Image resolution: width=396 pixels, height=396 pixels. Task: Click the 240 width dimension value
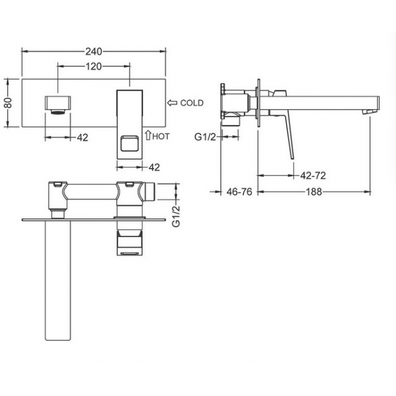pyautogui.click(x=94, y=51)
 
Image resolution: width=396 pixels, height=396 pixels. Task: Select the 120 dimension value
pyautogui.click(x=94, y=66)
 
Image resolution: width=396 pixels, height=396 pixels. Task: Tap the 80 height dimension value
pyautogui.click(x=8, y=103)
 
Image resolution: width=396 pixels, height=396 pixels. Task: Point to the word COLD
pyautogui.click(x=192, y=103)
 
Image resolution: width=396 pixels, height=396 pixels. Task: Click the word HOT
pyautogui.click(x=161, y=136)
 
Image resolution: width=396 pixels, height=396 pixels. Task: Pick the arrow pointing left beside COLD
pyautogui.click(x=173, y=103)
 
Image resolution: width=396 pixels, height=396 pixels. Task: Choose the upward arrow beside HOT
pyautogui.click(x=148, y=135)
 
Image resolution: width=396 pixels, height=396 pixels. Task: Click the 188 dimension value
pyautogui.click(x=314, y=192)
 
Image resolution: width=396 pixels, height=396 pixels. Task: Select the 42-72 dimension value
pyautogui.click(x=313, y=175)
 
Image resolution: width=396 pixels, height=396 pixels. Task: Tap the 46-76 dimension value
pyautogui.click(x=239, y=192)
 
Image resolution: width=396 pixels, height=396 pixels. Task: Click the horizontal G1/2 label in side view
pyautogui.click(x=205, y=137)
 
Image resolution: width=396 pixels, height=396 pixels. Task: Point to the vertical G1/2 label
pyautogui.click(x=176, y=216)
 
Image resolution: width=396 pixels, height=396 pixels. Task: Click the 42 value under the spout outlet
pyautogui.click(x=83, y=137)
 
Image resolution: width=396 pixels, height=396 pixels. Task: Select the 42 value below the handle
pyautogui.click(x=154, y=167)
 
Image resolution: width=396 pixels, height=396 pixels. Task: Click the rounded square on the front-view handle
pyautogui.click(x=130, y=144)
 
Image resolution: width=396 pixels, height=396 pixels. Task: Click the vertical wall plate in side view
pyautogui.click(x=259, y=103)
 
